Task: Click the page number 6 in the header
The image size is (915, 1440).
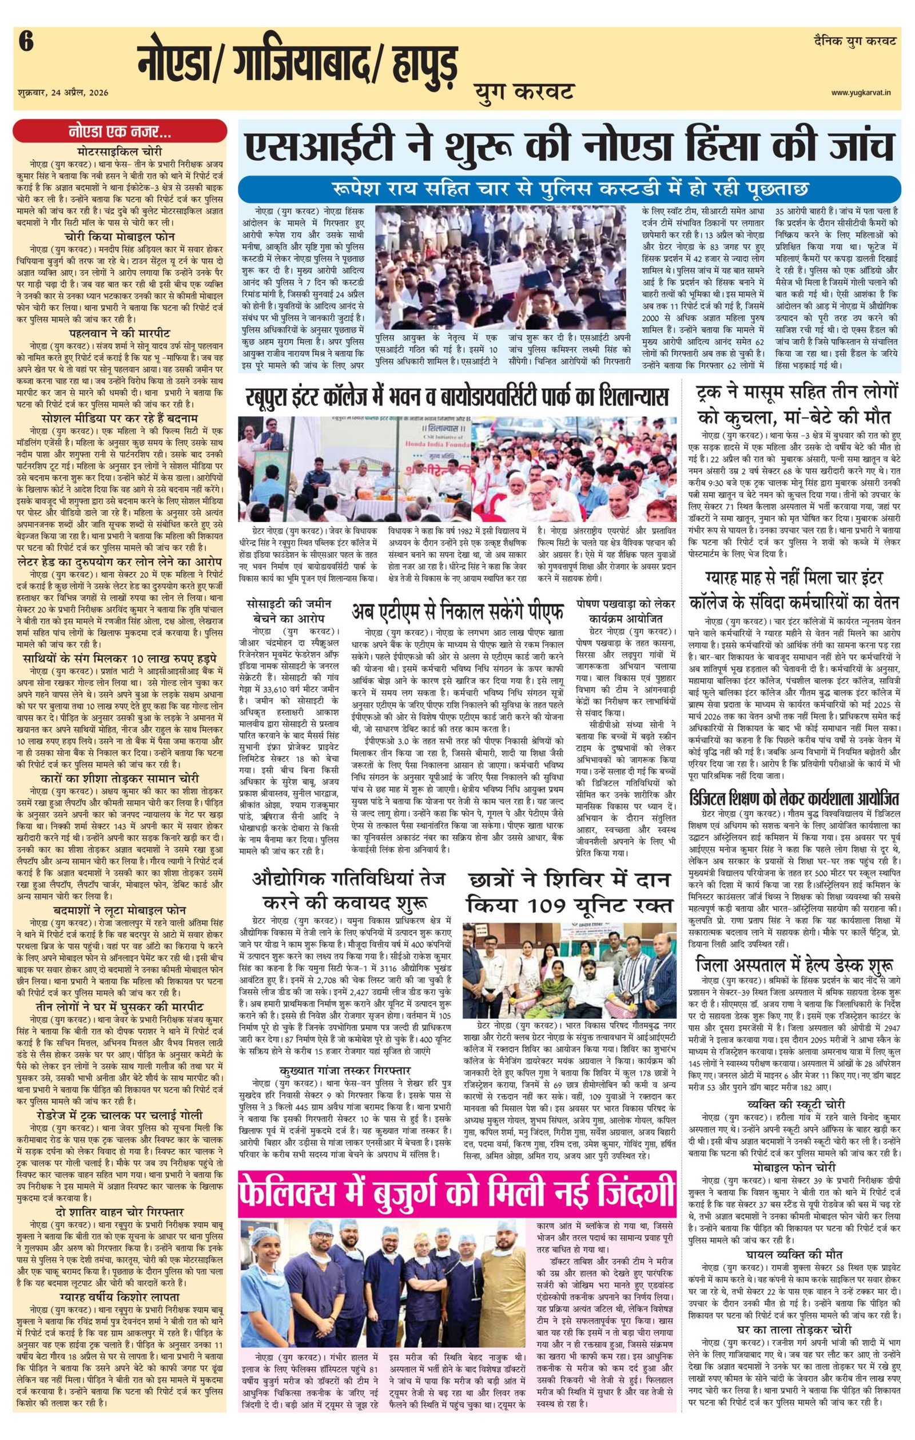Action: coord(25,42)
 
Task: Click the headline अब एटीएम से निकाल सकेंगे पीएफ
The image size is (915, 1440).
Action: coord(457,612)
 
